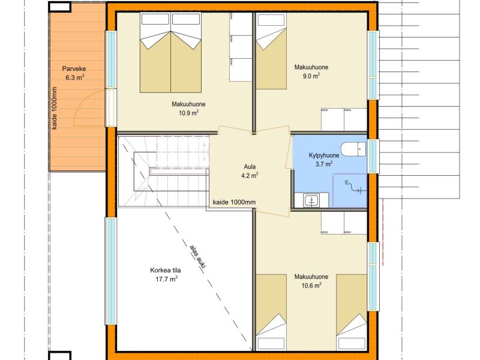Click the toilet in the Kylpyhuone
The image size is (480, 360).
click(353, 149)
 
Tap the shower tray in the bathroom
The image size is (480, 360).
click(350, 190)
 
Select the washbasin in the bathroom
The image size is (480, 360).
click(312, 200)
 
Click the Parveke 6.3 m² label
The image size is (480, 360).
click(74, 73)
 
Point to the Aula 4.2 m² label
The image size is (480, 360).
click(250, 171)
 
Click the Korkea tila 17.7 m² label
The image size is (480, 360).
click(166, 275)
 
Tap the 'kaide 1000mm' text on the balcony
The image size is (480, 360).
click(54, 108)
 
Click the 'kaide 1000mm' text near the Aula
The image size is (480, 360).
click(234, 202)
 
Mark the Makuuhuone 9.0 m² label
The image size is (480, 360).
click(311, 71)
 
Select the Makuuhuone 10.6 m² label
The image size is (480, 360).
click(311, 281)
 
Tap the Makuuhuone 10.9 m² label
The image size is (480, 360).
click(188, 109)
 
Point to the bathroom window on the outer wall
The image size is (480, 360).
click(373, 156)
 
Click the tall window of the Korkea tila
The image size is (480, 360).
click(111, 271)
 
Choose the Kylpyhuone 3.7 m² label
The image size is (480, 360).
click(324, 160)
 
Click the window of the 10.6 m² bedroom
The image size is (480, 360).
click(373, 277)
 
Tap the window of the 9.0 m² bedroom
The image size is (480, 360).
click(373, 65)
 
